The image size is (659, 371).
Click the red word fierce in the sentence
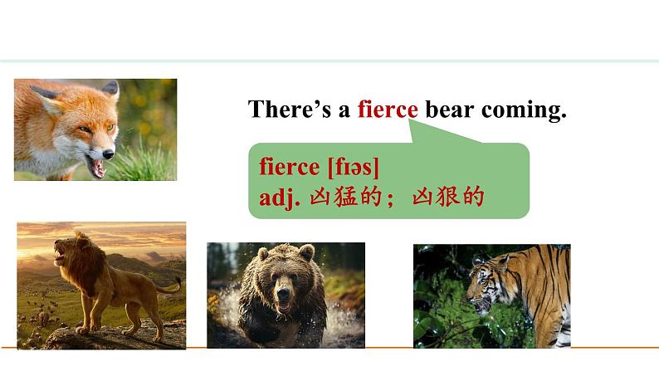click(388, 110)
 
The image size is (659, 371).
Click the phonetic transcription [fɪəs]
click(354, 167)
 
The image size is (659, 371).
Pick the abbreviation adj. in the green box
click(278, 198)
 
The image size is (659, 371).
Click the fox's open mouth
click(99, 168)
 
